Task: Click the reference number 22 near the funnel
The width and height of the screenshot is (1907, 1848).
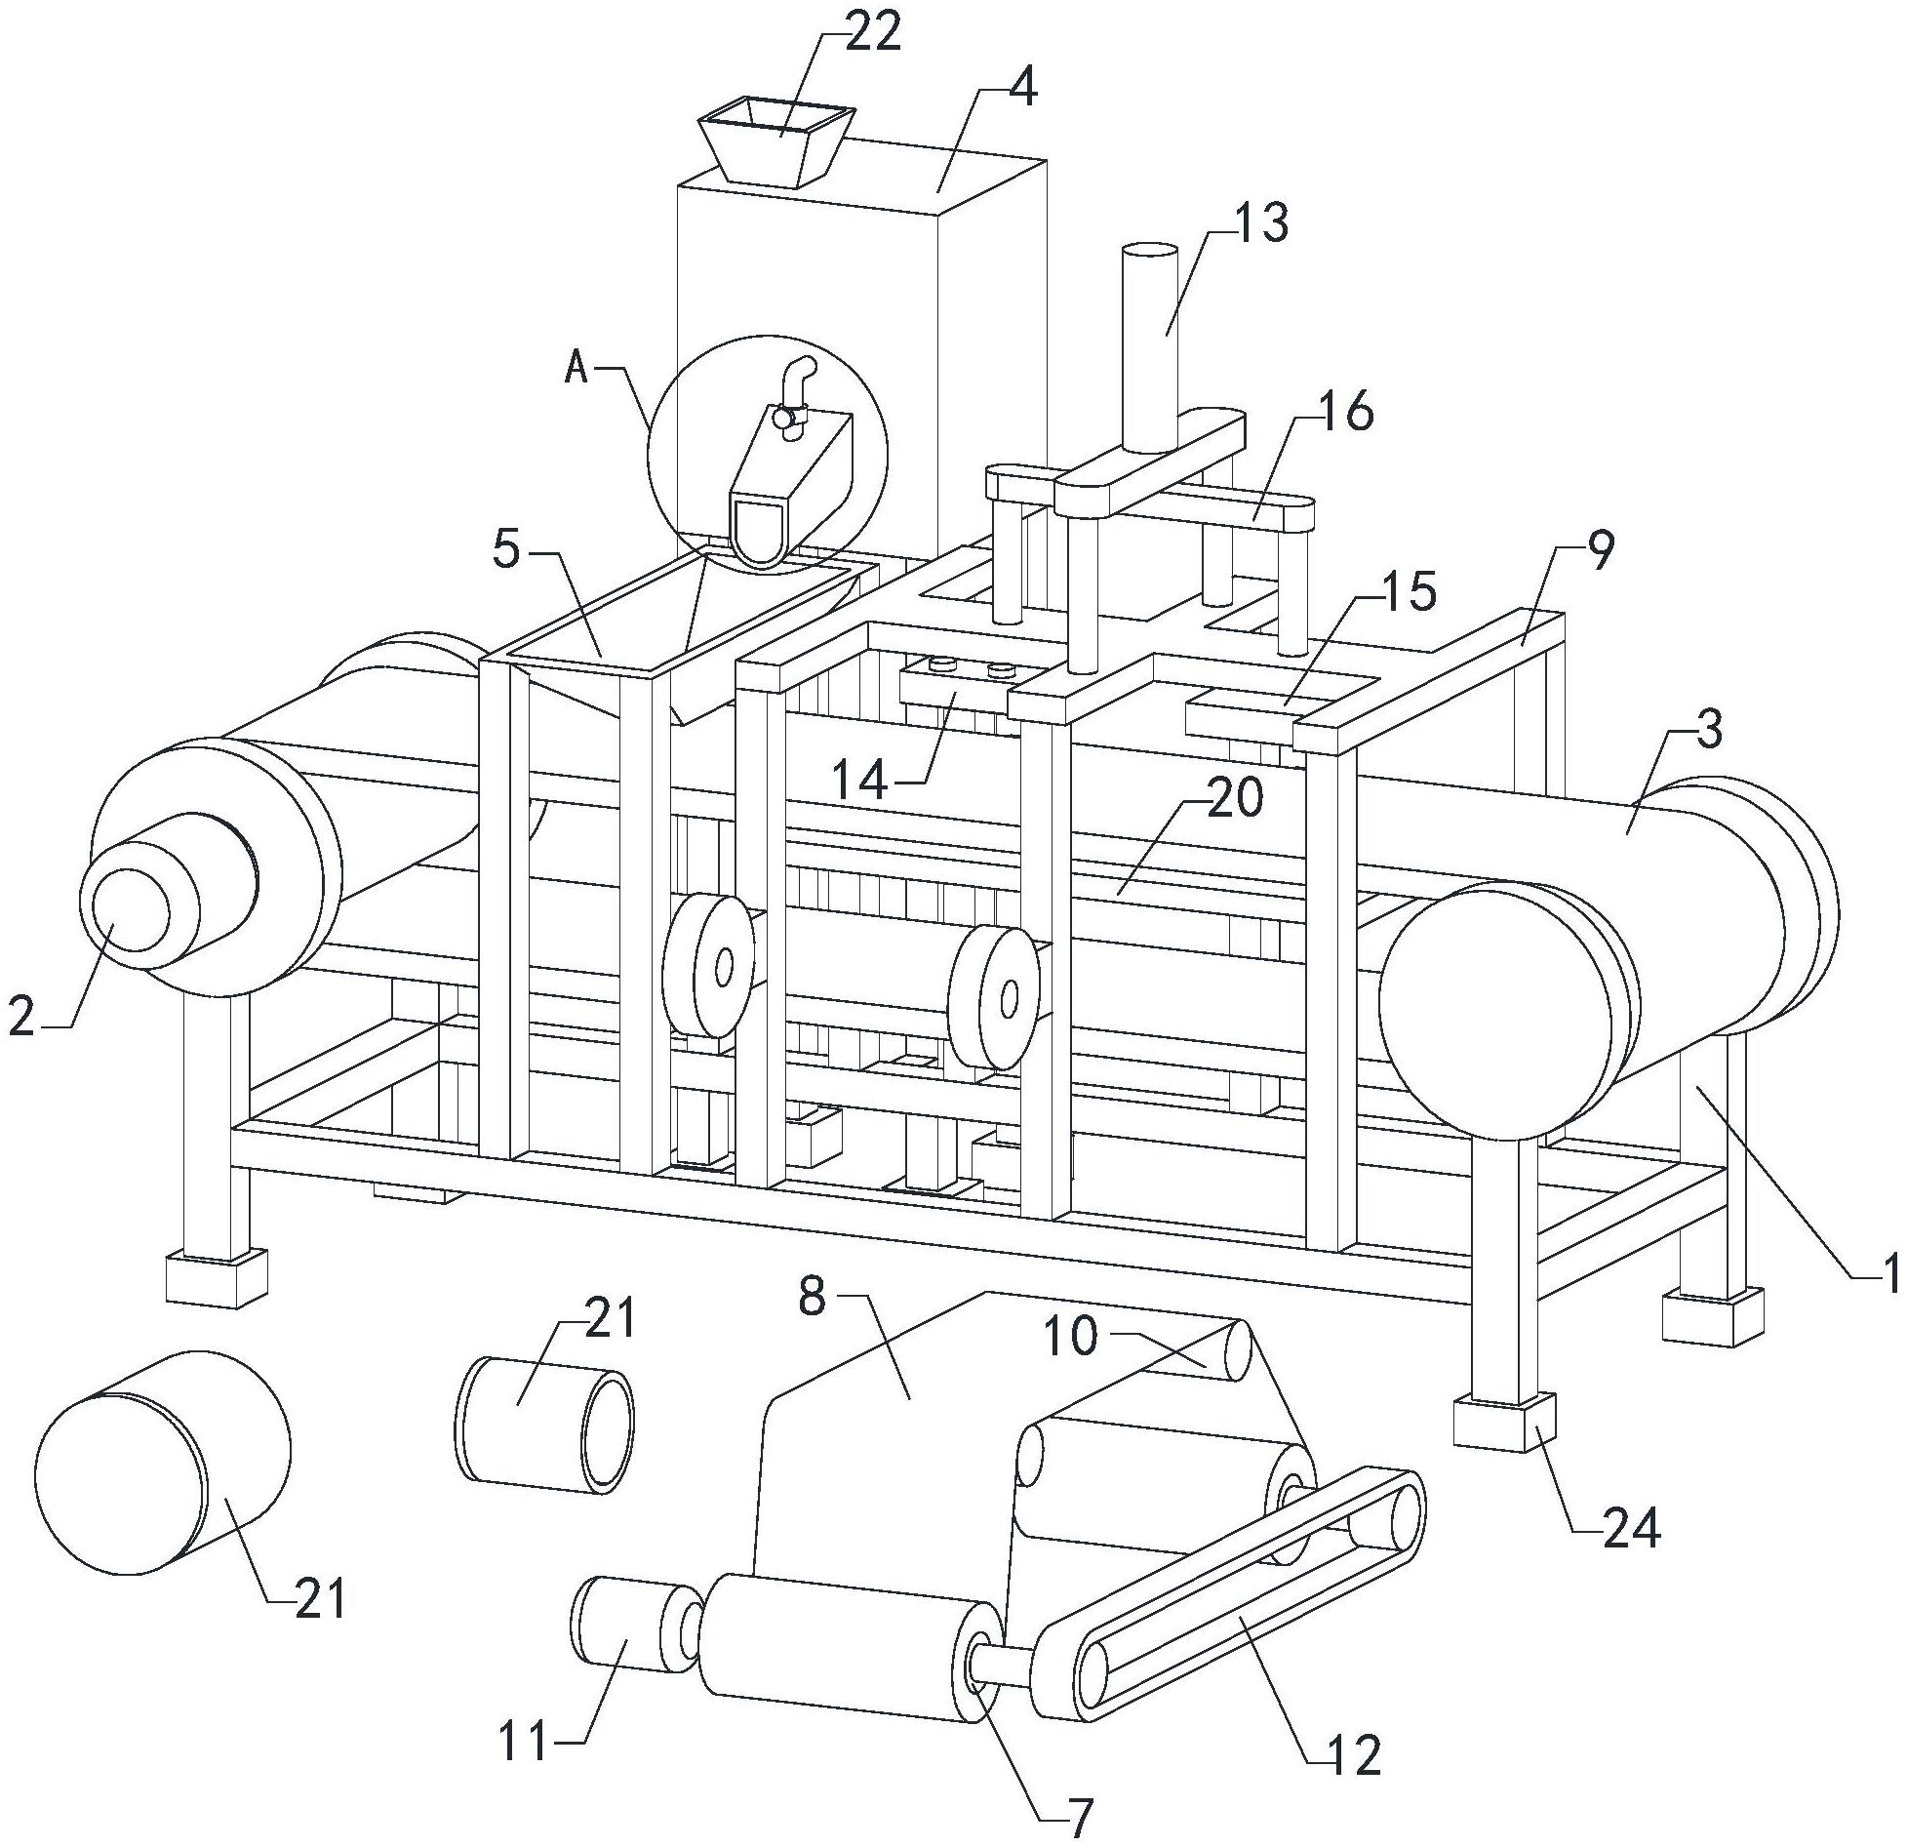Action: pos(872,34)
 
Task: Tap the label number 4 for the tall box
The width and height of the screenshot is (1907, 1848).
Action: pos(1023,89)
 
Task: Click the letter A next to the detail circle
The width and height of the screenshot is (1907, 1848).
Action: pos(576,370)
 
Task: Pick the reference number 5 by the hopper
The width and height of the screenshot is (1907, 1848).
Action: pos(507,551)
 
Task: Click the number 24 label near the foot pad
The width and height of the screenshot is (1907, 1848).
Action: pos(1631,1530)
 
